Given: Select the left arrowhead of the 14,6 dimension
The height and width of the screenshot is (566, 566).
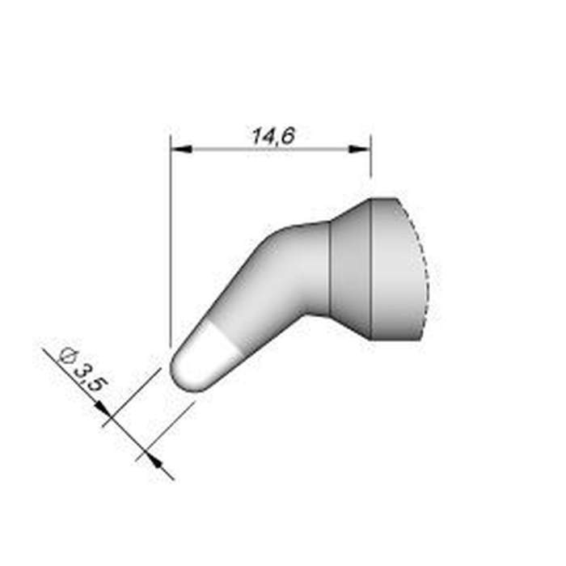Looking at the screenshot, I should (180, 150).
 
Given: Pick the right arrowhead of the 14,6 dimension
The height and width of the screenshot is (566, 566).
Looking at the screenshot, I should (361, 150).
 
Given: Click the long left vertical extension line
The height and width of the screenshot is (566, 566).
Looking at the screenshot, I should (171, 243).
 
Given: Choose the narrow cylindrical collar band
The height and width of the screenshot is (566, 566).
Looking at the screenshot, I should (350, 271).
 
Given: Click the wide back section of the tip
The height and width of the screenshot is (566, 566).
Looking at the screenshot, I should (396, 271).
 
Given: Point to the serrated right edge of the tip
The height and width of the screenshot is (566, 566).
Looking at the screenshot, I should (425, 271).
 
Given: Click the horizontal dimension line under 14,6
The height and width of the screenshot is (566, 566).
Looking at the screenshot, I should (271, 150).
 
